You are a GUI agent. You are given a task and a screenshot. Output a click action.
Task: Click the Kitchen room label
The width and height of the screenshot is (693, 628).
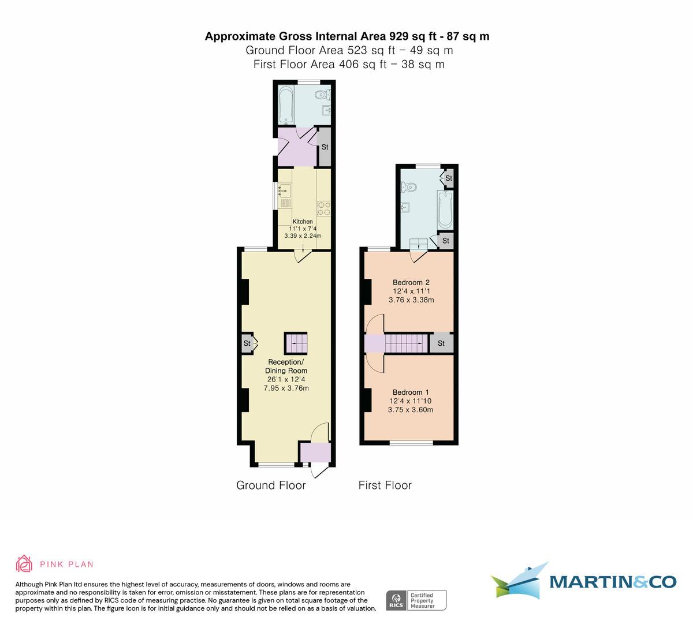[303, 222]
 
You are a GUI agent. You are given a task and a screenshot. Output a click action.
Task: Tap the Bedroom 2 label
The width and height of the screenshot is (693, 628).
[411, 282]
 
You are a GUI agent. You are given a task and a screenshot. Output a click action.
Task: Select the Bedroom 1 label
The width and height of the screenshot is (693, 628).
[411, 392]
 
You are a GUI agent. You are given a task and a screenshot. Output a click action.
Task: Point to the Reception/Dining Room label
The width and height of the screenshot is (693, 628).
[286, 367]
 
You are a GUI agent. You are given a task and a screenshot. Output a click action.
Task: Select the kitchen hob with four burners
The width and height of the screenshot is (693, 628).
[323, 208]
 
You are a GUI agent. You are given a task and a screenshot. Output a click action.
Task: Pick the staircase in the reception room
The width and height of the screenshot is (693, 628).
[296, 343]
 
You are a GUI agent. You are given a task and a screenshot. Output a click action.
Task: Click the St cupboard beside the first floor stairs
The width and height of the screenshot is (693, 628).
[441, 343]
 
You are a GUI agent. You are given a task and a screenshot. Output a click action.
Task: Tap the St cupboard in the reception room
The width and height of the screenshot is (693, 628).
[247, 343]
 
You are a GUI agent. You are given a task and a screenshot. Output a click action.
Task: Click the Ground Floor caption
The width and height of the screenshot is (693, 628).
[271, 485]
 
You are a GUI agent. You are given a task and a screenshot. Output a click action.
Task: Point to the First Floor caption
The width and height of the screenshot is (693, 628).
[385, 485]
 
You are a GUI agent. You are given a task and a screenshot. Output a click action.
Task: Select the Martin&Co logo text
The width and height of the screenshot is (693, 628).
[612, 582]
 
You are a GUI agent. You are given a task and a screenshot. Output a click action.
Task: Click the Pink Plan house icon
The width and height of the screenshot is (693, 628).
[24, 564]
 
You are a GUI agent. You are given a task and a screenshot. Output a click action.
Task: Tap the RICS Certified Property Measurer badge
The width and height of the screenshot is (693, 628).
[416, 600]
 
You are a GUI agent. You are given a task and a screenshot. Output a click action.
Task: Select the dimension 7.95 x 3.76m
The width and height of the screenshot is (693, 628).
[286, 388]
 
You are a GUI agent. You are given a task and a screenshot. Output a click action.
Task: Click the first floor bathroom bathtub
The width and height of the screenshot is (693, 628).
[445, 210]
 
